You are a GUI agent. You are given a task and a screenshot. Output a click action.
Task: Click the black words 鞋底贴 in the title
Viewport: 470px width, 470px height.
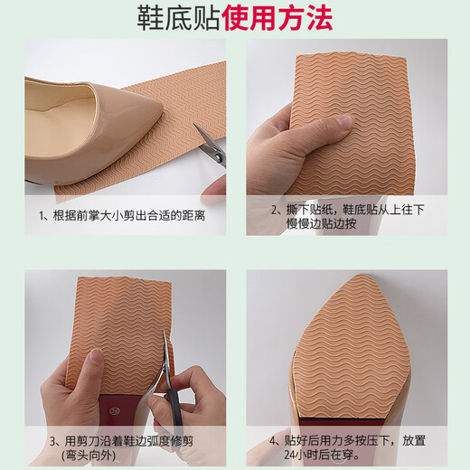168,17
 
